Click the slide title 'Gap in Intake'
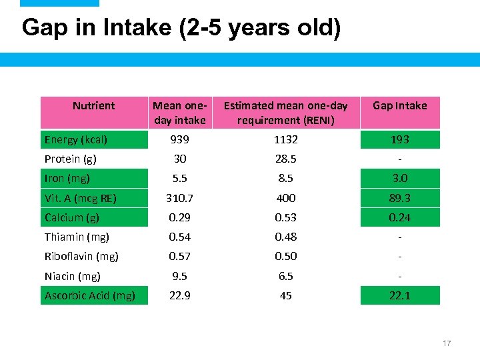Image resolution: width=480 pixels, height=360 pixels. point(181,28)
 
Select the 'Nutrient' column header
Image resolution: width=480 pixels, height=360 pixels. point(93,105)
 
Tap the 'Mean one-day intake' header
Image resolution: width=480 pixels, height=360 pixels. point(180,113)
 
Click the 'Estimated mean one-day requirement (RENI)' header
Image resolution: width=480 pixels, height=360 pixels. point(285,113)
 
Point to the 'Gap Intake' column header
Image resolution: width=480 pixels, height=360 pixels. point(400,105)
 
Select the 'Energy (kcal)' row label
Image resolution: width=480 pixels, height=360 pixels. point(76,139)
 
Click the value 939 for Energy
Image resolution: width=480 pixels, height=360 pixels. point(180,139)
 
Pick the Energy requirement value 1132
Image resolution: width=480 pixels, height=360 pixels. point(285,139)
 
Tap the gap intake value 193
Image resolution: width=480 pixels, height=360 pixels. point(400,139)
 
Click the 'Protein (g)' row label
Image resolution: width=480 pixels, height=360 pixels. point(71,159)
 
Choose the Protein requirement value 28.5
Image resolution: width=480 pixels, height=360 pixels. point(285,159)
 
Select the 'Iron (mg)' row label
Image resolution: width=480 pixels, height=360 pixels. point(67,178)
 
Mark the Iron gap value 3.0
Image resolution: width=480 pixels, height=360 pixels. point(400,178)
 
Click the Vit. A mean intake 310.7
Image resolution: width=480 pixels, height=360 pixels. point(180,198)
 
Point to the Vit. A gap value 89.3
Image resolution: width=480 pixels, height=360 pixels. point(400,198)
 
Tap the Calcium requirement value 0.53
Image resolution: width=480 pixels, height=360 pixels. point(285,217)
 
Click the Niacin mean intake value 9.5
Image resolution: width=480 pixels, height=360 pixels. point(180,276)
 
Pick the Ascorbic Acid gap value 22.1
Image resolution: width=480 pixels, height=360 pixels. point(400,295)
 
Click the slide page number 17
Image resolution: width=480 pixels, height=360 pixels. point(447,343)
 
